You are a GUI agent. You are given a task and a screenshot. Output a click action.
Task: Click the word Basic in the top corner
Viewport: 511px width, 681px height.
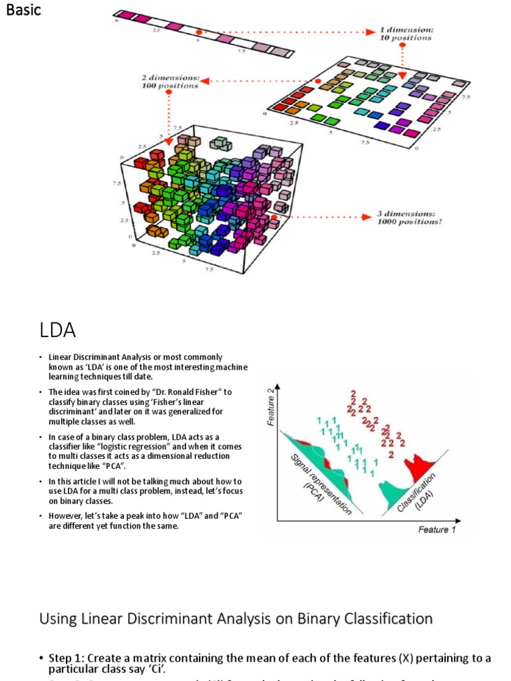(23, 11)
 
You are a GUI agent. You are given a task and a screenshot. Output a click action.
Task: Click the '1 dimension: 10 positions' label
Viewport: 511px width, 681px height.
(405, 34)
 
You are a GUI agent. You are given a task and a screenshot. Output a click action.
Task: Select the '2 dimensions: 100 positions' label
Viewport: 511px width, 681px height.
(170, 82)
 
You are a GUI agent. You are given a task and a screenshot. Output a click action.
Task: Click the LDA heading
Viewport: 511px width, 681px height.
(57, 330)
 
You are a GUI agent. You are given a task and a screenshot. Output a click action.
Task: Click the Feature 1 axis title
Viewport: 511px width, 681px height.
(437, 529)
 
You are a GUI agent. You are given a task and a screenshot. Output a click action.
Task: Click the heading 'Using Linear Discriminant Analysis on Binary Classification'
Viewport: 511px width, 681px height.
(236, 618)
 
